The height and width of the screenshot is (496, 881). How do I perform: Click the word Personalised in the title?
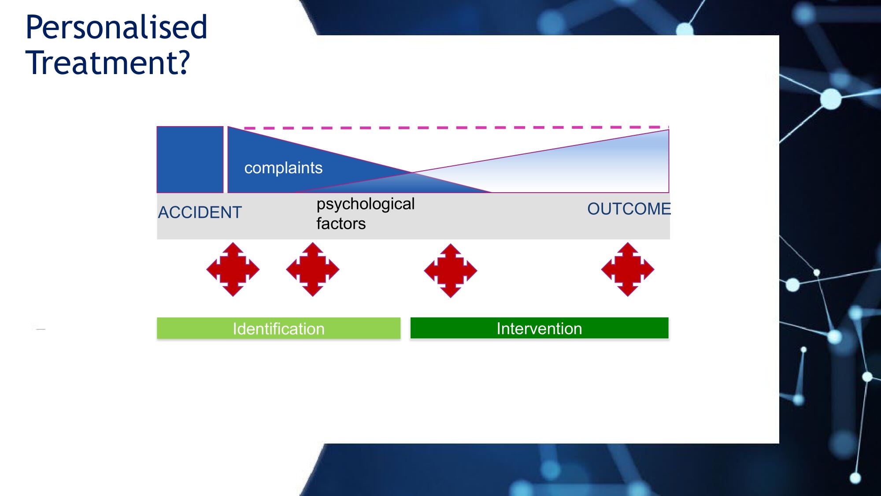[116, 28]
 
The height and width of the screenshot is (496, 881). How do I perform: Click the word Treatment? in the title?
[108, 63]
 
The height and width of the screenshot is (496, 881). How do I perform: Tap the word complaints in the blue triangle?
[283, 168]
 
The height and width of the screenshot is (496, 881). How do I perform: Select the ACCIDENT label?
[200, 213]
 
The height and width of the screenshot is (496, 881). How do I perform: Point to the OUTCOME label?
[629, 209]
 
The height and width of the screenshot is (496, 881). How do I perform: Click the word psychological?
[366, 205]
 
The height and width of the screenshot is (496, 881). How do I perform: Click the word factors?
[341, 224]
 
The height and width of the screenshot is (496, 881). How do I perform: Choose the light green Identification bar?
[279, 328]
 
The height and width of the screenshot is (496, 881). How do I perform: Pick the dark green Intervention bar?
[539, 328]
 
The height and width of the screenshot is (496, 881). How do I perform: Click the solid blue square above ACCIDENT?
[190, 160]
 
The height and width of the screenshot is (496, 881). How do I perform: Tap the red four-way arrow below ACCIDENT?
[233, 269]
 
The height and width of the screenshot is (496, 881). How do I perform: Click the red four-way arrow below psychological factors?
[313, 269]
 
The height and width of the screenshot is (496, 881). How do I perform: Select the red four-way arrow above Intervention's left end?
[451, 271]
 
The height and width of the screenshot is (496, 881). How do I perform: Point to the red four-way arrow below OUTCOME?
[628, 269]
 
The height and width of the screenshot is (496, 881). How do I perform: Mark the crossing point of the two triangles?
[412, 172]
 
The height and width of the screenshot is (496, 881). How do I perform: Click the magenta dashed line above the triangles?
[456, 127]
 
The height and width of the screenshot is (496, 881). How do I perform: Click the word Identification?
[279, 329]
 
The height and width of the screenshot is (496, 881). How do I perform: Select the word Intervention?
[539, 328]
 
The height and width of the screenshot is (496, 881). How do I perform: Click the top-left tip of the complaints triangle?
[228, 127]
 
